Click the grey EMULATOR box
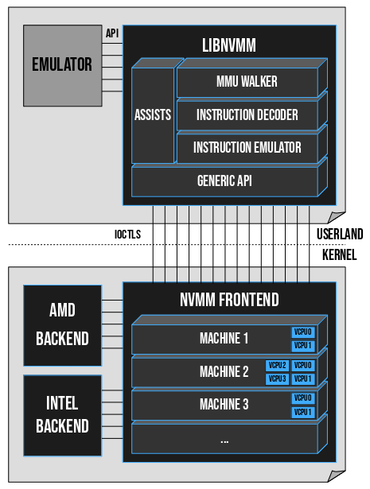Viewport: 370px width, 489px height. (x=62, y=65)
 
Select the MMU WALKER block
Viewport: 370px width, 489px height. (x=247, y=82)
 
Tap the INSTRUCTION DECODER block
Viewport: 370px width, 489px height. (x=247, y=115)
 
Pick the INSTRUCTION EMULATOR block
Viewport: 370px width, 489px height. (x=247, y=148)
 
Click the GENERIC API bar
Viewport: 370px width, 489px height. (x=224, y=180)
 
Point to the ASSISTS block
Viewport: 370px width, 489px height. (x=153, y=115)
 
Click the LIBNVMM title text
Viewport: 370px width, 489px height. (x=228, y=45)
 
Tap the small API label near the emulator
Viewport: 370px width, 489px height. (x=112, y=34)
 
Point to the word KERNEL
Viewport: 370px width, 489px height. (x=339, y=255)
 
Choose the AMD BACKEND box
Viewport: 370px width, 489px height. (x=62, y=326)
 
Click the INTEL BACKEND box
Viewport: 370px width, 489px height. (x=62, y=415)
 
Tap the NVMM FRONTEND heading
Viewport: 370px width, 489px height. (x=228, y=300)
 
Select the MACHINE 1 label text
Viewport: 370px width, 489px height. (x=224, y=339)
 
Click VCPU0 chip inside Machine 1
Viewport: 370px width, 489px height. (x=303, y=332)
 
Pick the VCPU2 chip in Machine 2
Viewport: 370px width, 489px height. (x=277, y=366)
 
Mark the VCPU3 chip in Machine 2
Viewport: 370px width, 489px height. (x=277, y=378)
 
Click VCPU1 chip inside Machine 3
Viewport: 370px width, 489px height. (x=303, y=412)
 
